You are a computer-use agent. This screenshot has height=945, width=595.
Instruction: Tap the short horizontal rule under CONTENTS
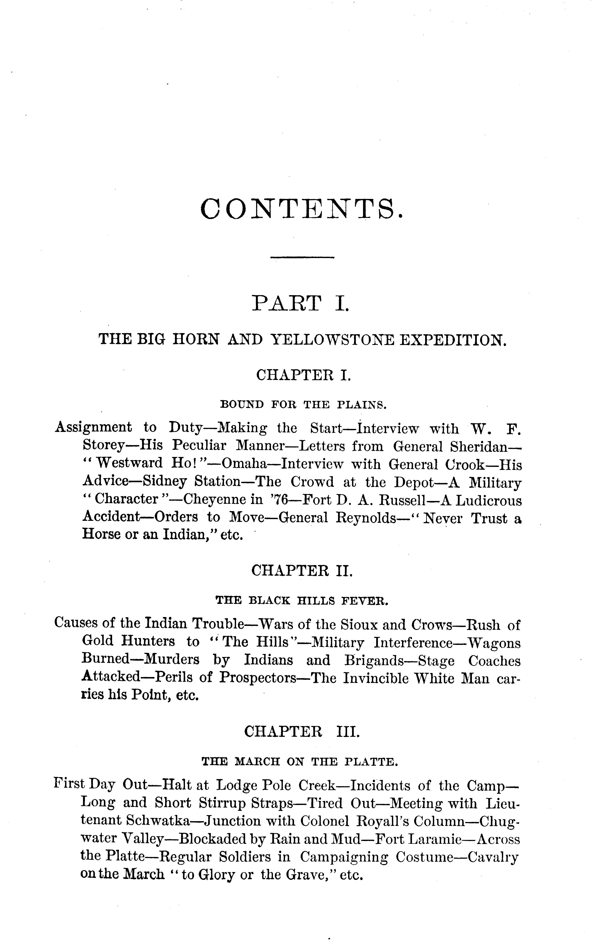click(x=302, y=257)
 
